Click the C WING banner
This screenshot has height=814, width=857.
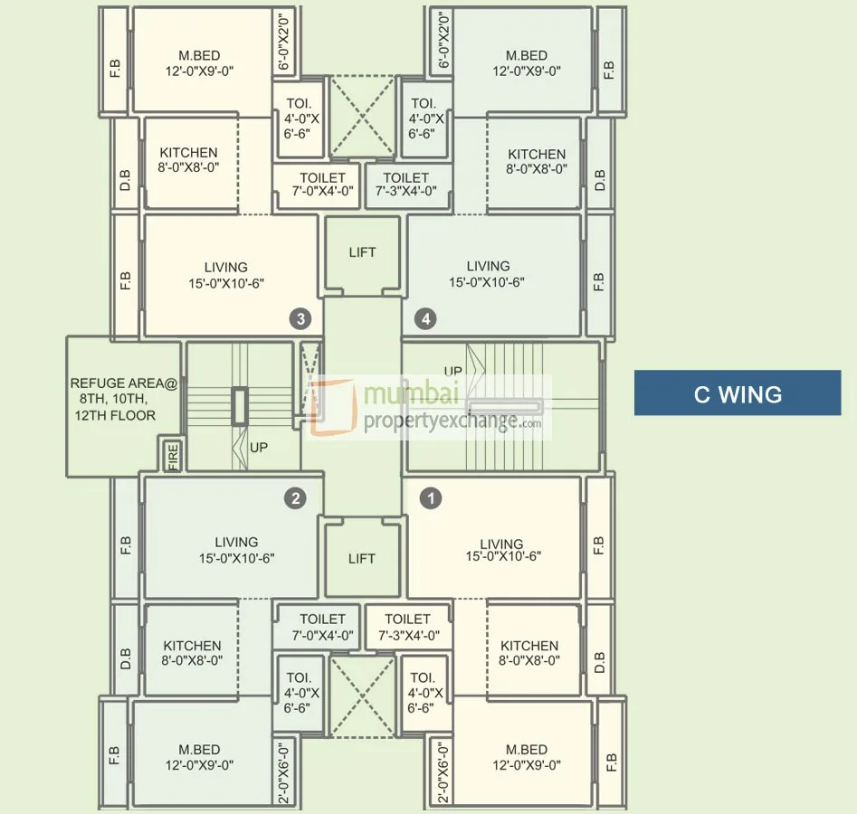pyautogui.click(x=738, y=393)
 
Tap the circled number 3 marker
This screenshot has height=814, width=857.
pyautogui.click(x=300, y=318)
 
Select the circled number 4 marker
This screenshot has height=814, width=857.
pyautogui.click(x=425, y=318)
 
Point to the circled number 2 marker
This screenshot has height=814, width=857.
pyautogui.click(x=296, y=498)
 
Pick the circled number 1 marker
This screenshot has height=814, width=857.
pyautogui.click(x=431, y=498)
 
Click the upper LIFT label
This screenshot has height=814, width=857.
pyautogui.click(x=362, y=252)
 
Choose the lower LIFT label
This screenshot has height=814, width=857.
pyautogui.click(x=362, y=558)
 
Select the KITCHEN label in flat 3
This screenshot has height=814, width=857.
pyautogui.click(x=188, y=160)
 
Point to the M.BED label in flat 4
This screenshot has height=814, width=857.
pyautogui.click(x=527, y=63)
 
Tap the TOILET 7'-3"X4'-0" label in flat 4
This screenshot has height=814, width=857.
pyautogui.click(x=405, y=185)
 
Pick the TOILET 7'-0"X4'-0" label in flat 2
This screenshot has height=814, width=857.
pyautogui.click(x=322, y=627)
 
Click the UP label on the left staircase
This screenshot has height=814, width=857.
pyautogui.click(x=259, y=448)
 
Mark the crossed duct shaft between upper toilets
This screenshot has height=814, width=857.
pyautogui.click(x=362, y=117)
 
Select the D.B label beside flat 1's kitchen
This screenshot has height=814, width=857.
pyautogui.click(x=600, y=661)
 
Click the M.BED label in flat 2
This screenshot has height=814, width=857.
pyautogui.click(x=199, y=757)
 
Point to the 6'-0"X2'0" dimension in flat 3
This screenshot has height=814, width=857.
pyautogui.click(x=283, y=42)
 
